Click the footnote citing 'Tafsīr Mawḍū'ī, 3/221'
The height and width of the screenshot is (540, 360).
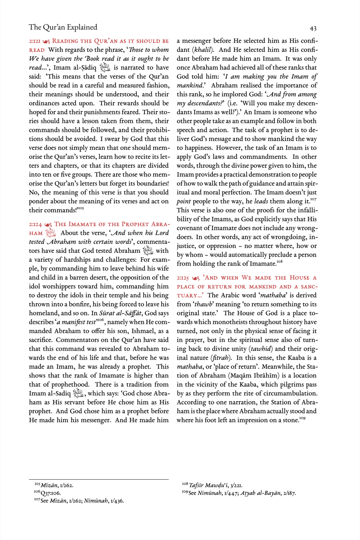pos(212,485)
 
